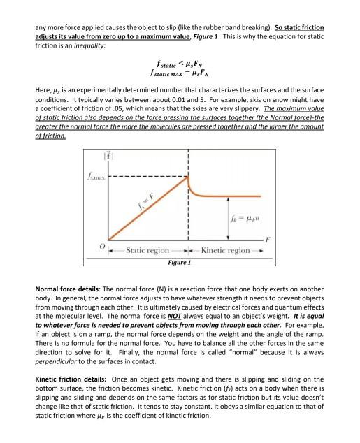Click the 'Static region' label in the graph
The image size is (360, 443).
pos(147,250)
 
